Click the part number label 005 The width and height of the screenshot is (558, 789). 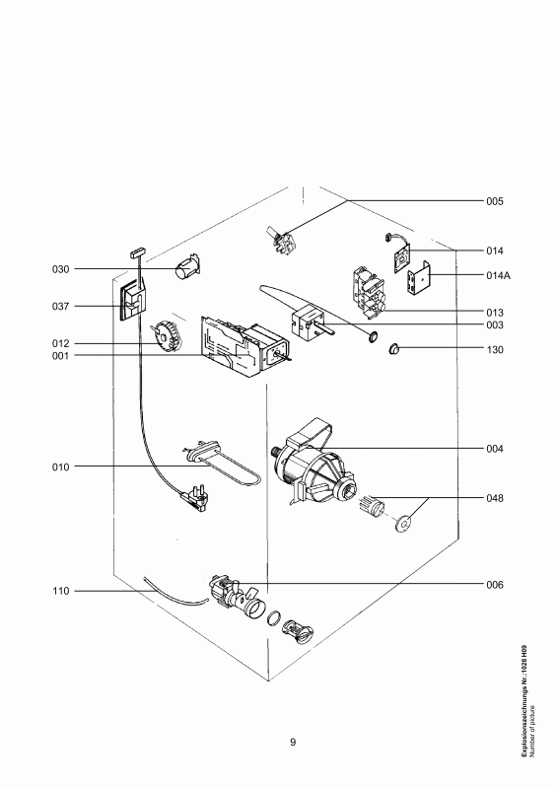pos(495,201)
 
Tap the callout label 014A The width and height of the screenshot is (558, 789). pos(498,275)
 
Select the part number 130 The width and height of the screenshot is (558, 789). pos(495,349)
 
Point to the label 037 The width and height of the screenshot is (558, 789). pos(60,306)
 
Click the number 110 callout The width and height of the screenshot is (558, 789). pos(60,591)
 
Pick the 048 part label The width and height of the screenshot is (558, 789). pos(495,498)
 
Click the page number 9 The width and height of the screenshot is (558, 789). pos(293,743)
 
